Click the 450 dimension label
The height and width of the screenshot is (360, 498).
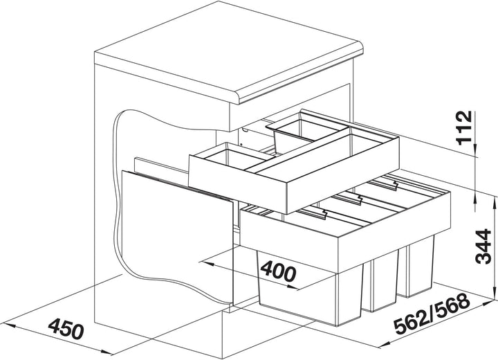coord(66,328)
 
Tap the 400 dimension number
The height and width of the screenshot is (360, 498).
coord(278,271)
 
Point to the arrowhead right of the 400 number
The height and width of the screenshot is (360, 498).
coord(292,287)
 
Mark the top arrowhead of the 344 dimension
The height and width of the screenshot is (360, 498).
coord(495,203)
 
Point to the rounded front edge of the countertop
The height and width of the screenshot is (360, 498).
coord(300,75)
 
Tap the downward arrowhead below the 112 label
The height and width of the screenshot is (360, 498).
coord(475,150)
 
